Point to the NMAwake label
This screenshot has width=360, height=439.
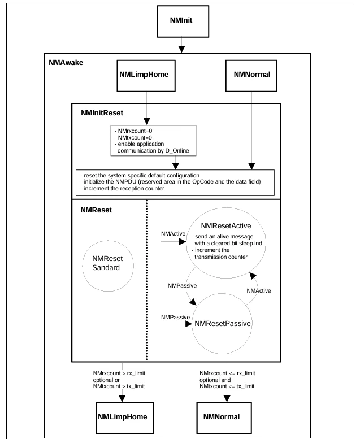tap(66, 63)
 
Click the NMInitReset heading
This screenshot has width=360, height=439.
tap(102, 113)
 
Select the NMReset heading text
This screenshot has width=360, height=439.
tap(96, 210)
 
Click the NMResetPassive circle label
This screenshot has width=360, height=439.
tap(223, 324)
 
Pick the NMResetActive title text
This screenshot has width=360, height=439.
tap(226, 225)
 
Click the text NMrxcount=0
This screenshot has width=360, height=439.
tap(133, 131)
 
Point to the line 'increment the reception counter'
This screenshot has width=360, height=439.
tap(122, 188)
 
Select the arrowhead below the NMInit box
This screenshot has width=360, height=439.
tap(181, 49)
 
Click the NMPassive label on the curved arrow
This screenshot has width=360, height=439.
tap(182, 285)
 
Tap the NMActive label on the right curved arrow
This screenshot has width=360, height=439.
tap(259, 290)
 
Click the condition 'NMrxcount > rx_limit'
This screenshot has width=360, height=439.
tap(119, 373)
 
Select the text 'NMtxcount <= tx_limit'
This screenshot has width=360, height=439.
tap(227, 386)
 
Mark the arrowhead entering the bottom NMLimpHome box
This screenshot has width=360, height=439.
tap(122, 398)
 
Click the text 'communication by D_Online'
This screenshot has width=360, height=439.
tap(153, 151)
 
